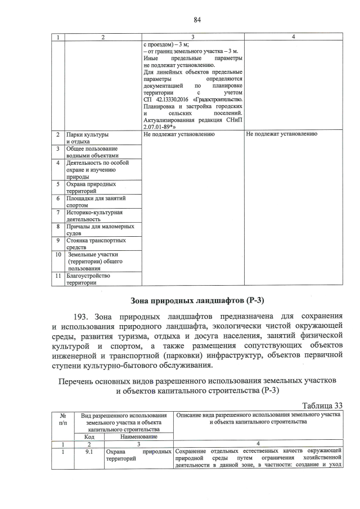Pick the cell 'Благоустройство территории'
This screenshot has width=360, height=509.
[x=88, y=279]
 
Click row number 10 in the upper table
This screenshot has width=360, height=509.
[x=57, y=254]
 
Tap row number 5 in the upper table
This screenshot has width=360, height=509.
[x=57, y=184]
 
